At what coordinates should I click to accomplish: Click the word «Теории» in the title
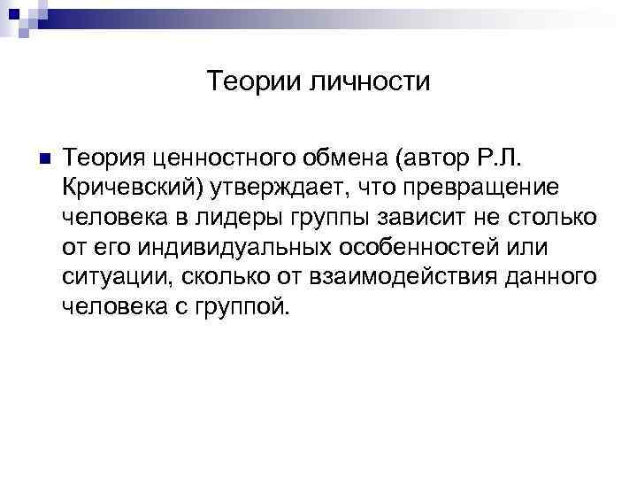pyautogui.click(x=255, y=82)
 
